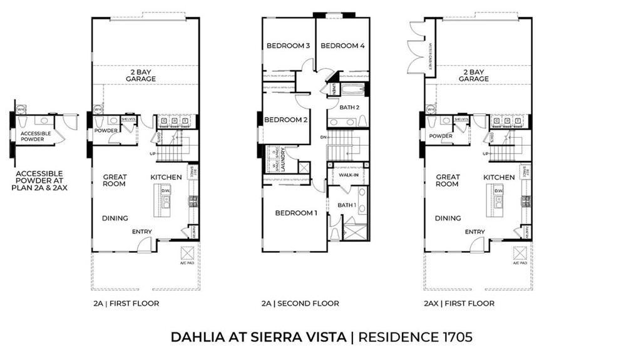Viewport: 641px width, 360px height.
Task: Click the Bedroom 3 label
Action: pos(288,46)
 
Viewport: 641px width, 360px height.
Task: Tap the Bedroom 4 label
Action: pos(342,46)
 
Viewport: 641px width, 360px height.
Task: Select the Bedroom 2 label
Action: pos(285,120)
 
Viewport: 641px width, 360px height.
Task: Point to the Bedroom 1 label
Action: pos(296,213)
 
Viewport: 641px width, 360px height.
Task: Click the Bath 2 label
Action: pos(349,107)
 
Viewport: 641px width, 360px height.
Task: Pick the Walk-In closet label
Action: pos(348,176)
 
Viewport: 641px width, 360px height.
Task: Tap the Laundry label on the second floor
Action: pos(284,159)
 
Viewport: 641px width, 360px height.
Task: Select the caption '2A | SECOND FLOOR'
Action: pos(300,304)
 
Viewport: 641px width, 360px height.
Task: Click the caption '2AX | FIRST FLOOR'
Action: pos(458,304)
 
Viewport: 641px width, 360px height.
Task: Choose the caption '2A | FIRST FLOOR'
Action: pos(125,304)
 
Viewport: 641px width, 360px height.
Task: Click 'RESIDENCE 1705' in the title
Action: pos(415,337)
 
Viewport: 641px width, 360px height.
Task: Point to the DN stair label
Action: pos(323,137)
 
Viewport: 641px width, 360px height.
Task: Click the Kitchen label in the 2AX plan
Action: pos(499,177)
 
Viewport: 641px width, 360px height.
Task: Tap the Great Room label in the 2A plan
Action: pos(115,180)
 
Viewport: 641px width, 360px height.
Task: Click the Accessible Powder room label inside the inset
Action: pos(32,136)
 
